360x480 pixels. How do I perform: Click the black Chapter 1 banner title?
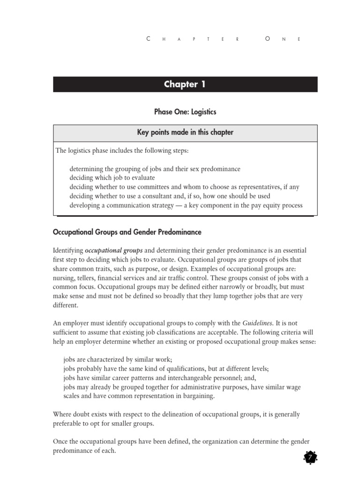185,84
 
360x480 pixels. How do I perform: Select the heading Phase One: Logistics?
185,112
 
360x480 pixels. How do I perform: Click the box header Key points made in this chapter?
185,133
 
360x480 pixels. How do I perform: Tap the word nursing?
66,269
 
